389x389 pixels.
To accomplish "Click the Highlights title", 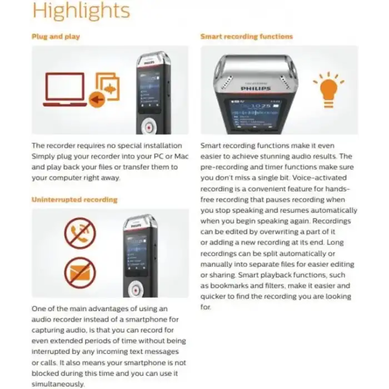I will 81,11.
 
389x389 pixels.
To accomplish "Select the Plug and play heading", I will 56,37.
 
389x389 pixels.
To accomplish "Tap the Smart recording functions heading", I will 246,37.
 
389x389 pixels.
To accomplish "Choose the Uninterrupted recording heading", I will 74,199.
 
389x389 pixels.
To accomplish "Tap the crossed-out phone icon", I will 80,233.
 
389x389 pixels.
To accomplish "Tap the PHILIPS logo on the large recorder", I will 256,88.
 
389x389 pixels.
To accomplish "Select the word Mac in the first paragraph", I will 182,156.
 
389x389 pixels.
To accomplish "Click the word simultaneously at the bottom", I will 58,383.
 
